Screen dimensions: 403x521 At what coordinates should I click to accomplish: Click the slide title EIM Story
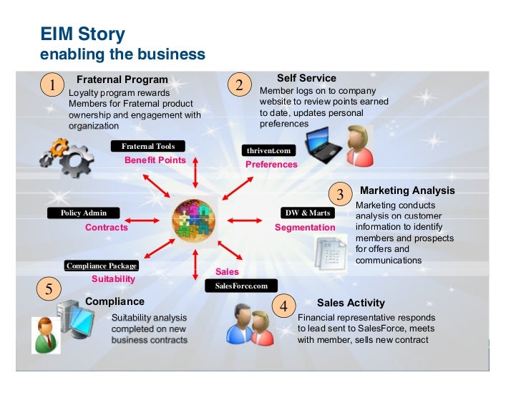[x=82, y=34]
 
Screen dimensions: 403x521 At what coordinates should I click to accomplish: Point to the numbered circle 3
[x=340, y=194]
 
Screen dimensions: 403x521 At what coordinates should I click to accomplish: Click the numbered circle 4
[x=283, y=306]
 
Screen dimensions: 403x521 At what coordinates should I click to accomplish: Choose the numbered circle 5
[x=48, y=289]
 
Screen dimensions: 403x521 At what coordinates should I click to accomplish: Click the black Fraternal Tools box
[x=148, y=147]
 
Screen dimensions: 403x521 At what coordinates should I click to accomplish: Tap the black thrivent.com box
[x=268, y=151]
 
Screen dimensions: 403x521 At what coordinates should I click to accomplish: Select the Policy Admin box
[x=83, y=213]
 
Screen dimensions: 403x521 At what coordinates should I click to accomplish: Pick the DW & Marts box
[x=308, y=213]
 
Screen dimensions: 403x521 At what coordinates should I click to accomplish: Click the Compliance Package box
[x=101, y=266]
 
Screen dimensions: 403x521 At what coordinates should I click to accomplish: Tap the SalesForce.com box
[x=240, y=286]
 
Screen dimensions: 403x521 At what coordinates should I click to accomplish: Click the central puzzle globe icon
[x=194, y=220]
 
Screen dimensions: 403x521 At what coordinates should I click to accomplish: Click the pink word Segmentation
[x=305, y=228]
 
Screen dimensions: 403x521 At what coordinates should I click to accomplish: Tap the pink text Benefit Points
[x=155, y=160]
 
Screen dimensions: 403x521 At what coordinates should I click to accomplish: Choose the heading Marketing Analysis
[x=407, y=190]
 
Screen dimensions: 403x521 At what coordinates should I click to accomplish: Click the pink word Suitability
[x=114, y=279]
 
